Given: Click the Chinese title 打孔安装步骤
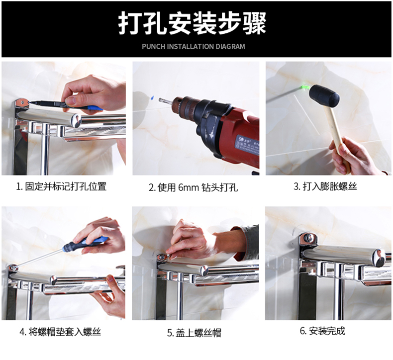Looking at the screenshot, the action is (x=192, y=23).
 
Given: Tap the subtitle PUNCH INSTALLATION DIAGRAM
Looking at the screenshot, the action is (x=193, y=46).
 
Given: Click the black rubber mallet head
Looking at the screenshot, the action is (x=324, y=95).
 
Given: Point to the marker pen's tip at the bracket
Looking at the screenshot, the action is (x=29, y=102).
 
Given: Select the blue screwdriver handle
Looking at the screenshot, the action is (x=85, y=243).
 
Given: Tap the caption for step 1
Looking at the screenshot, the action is (x=61, y=186).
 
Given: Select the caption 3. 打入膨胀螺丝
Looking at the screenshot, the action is (x=325, y=186).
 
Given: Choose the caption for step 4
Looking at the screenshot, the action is (x=60, y=332).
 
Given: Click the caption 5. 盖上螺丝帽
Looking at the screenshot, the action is (x=194, y=333).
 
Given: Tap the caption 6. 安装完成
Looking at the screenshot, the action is (x=322, y=331).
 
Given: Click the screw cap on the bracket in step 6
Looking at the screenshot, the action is (x=309, y=237).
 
